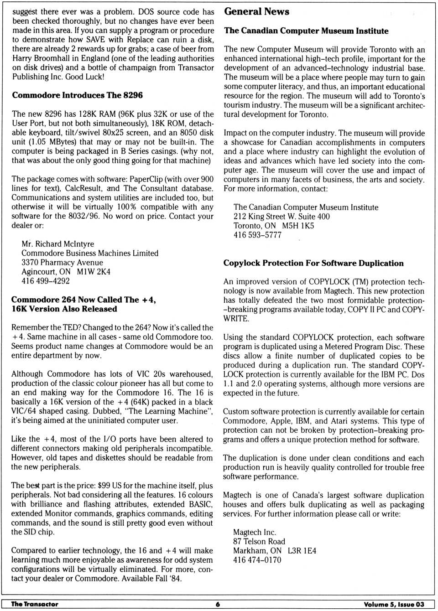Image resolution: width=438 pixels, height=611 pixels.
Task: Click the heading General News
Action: point(256,12)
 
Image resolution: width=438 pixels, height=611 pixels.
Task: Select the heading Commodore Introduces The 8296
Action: point(77,95)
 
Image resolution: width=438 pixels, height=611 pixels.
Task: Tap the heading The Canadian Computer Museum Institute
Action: point(306,31)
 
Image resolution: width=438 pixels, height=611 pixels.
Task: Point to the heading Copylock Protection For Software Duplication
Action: point(313,263)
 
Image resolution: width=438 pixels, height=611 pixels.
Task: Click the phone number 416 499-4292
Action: point(46,281)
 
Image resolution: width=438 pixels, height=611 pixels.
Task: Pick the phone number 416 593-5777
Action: point(257,235)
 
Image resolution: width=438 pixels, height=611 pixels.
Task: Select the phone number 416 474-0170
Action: point(257,559)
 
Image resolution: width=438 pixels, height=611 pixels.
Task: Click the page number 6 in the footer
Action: point(218,604)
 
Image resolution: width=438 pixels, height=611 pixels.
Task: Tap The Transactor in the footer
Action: point(35,604)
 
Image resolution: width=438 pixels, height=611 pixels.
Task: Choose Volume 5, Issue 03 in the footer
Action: point(394,604)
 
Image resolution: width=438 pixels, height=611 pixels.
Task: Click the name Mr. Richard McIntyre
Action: point(58,244)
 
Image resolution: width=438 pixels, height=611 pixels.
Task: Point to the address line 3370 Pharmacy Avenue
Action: point(62,262)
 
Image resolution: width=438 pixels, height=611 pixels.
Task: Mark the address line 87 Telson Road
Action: point(259,541)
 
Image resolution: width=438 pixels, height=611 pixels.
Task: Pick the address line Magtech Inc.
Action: point(255,532)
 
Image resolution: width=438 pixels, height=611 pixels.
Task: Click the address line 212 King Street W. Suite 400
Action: point(282,217)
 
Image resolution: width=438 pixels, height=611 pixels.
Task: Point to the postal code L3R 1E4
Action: point(302,550)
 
